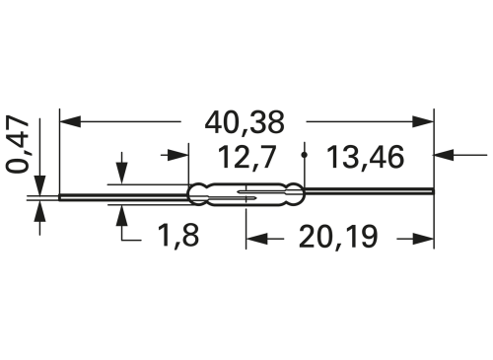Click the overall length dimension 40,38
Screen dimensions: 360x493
[x=246, y=123]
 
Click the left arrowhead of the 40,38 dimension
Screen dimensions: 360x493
[x=69, y=123]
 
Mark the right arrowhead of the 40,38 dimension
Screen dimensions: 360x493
[x=425, y=123]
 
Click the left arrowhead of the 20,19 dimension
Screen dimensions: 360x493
[x=254, y=238]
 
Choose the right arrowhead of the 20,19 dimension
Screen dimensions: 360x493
[x=425, y=238]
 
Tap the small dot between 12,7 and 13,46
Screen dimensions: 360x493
[x=307, y=155]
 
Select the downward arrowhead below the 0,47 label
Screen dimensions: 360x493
[x=40, y=184]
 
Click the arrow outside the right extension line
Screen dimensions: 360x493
[x=447, y=155]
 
